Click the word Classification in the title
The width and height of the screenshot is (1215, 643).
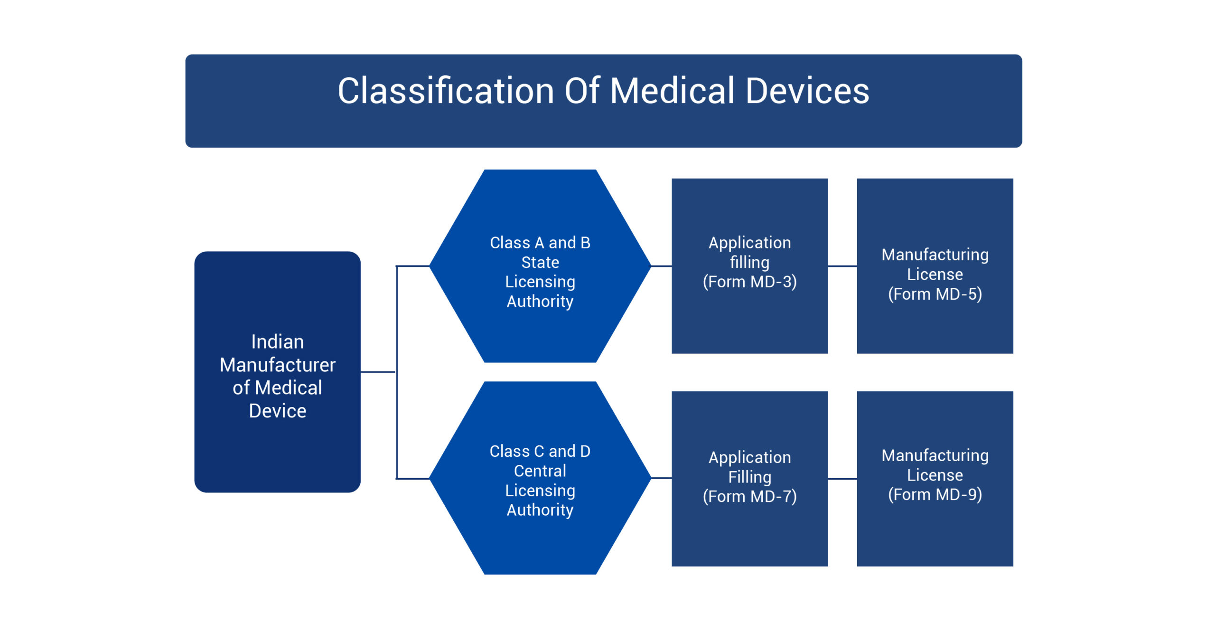pos(445,91)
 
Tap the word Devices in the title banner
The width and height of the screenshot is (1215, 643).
pos(807,91)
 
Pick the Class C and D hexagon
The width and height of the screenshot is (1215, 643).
pos(540,541)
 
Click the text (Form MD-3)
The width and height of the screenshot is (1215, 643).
pos(749,282)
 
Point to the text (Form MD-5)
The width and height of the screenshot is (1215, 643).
pos(935,294)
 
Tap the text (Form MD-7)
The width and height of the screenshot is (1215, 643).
pos(749,496)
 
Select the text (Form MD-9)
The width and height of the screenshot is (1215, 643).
pos(935,494)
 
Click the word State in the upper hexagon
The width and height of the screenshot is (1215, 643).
pos(540,262)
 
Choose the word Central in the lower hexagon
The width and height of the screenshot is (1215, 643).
pos(540,471)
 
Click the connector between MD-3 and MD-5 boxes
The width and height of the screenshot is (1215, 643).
pos(842,266)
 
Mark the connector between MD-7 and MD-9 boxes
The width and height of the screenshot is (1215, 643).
pos(842,479)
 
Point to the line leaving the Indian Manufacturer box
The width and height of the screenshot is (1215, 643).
pos(378,372)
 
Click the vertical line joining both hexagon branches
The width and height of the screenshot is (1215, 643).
pos(397,332)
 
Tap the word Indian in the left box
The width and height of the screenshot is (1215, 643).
pos(277,342)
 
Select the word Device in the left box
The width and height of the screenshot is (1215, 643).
pos(277,411)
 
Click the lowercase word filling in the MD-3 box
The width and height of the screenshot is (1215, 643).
pos(749,262)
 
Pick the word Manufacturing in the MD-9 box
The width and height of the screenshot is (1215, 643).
pos(935,455)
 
